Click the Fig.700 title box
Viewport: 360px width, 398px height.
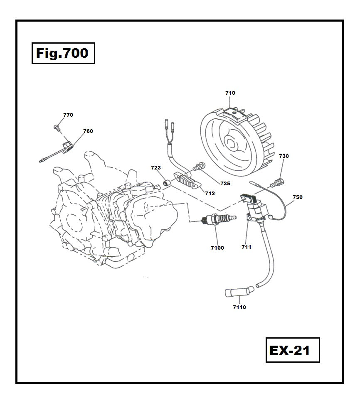63,53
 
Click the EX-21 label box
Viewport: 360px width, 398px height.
293,350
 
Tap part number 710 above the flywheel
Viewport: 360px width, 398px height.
230,93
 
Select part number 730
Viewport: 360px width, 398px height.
284,156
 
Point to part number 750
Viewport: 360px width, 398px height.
298,197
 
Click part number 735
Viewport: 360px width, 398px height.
225,183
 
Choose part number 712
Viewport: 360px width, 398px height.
210,193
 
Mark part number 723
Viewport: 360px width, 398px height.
156,168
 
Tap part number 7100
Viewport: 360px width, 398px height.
217,248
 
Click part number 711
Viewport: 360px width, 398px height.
247,247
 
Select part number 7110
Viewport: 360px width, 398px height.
239,307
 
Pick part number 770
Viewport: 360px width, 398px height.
68,115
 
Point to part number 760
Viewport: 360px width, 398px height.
88,131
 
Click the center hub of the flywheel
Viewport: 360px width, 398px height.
232,143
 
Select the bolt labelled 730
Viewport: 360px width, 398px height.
277,181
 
